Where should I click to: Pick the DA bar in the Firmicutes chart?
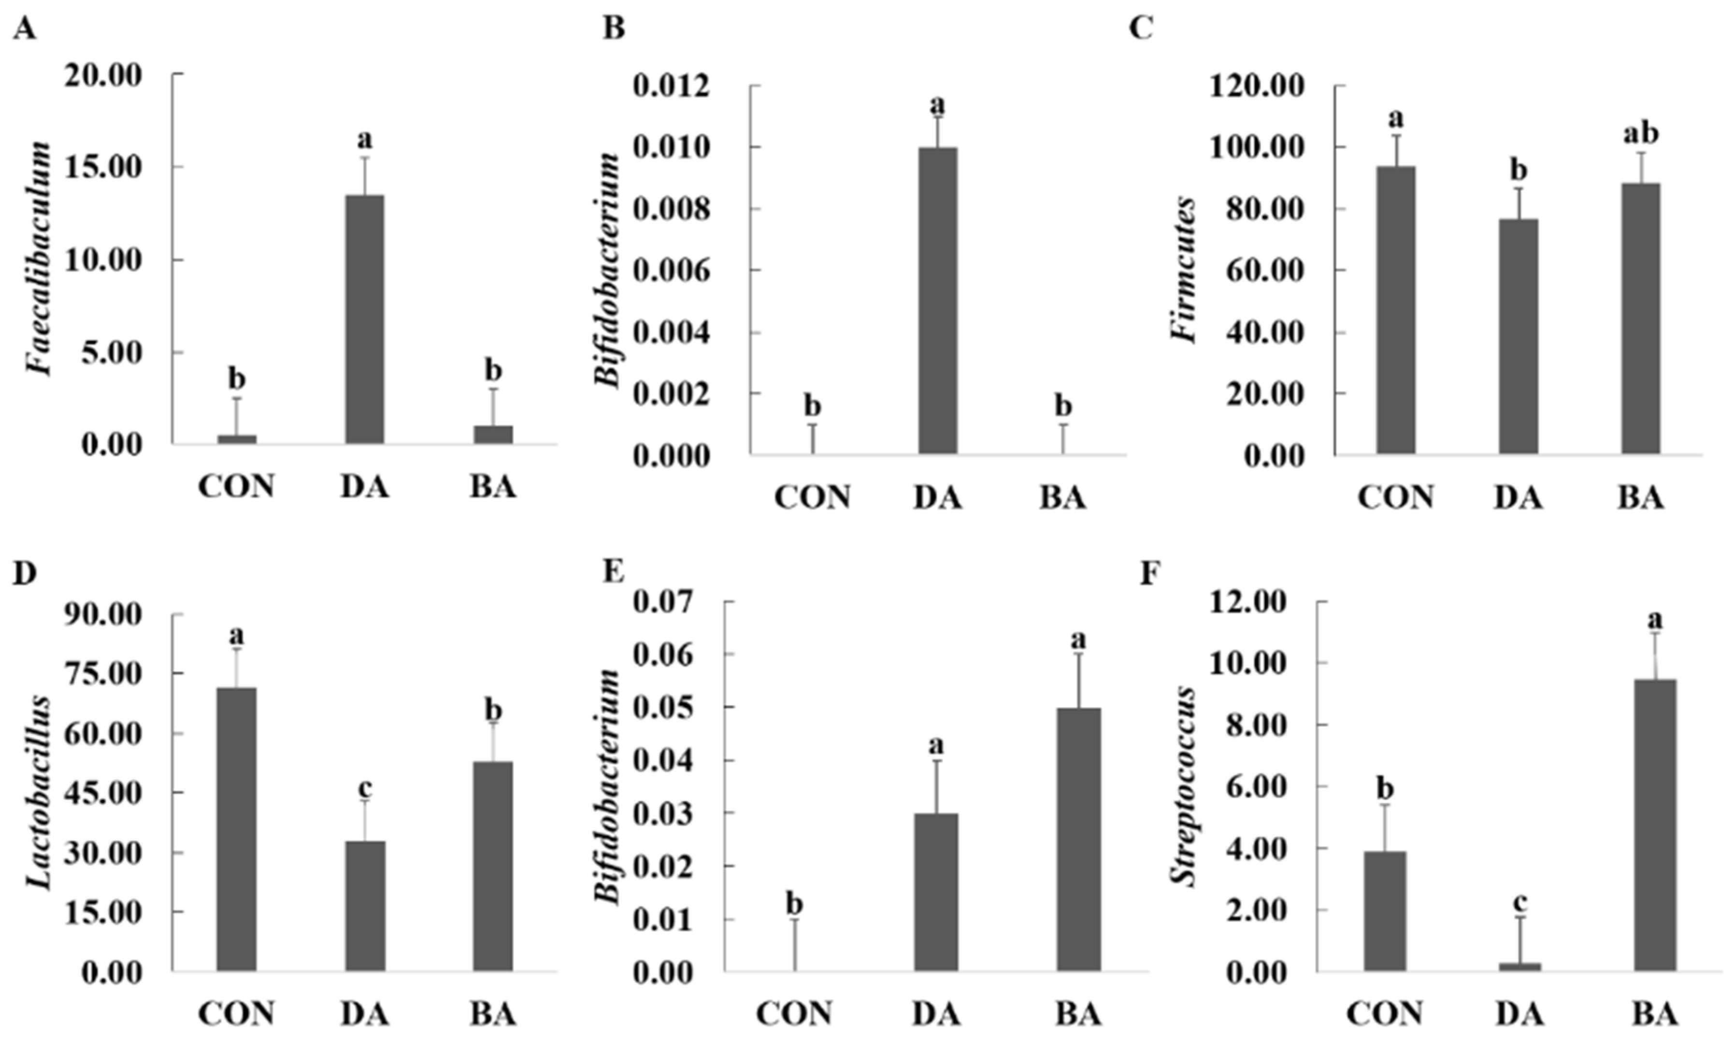[x=1518, y=337]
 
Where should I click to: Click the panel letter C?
[x=1141, y=29]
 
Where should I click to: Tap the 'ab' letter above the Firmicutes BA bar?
[x=1640, y=133]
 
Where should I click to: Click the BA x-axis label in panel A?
[x=492, y=487]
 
